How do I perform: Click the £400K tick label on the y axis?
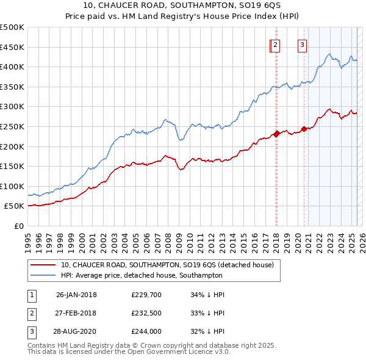pyautogui.click(x=12, y=67)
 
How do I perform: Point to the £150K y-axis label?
pyautogui.click(x=12, y=166)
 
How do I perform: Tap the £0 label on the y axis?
pyautogui.click(x=20, y=226)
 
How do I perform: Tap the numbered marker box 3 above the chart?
pyautogui.click(x=302, y=44)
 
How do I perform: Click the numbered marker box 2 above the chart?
pyautogui.click(x=276, y=44)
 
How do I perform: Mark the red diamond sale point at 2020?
pyautogui.click(x=304, y=129)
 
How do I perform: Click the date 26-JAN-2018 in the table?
pyautogui.click(x=76, y=295)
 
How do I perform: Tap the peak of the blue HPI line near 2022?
pyautogui.click(x=329, y=54)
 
